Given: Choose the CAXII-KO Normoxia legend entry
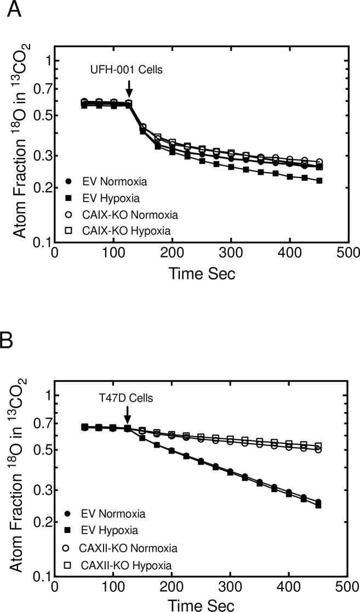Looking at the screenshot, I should pyautogui.click(x=123, y=547).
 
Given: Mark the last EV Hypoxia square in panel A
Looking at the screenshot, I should pyautogui.click(x=319, y=180).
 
